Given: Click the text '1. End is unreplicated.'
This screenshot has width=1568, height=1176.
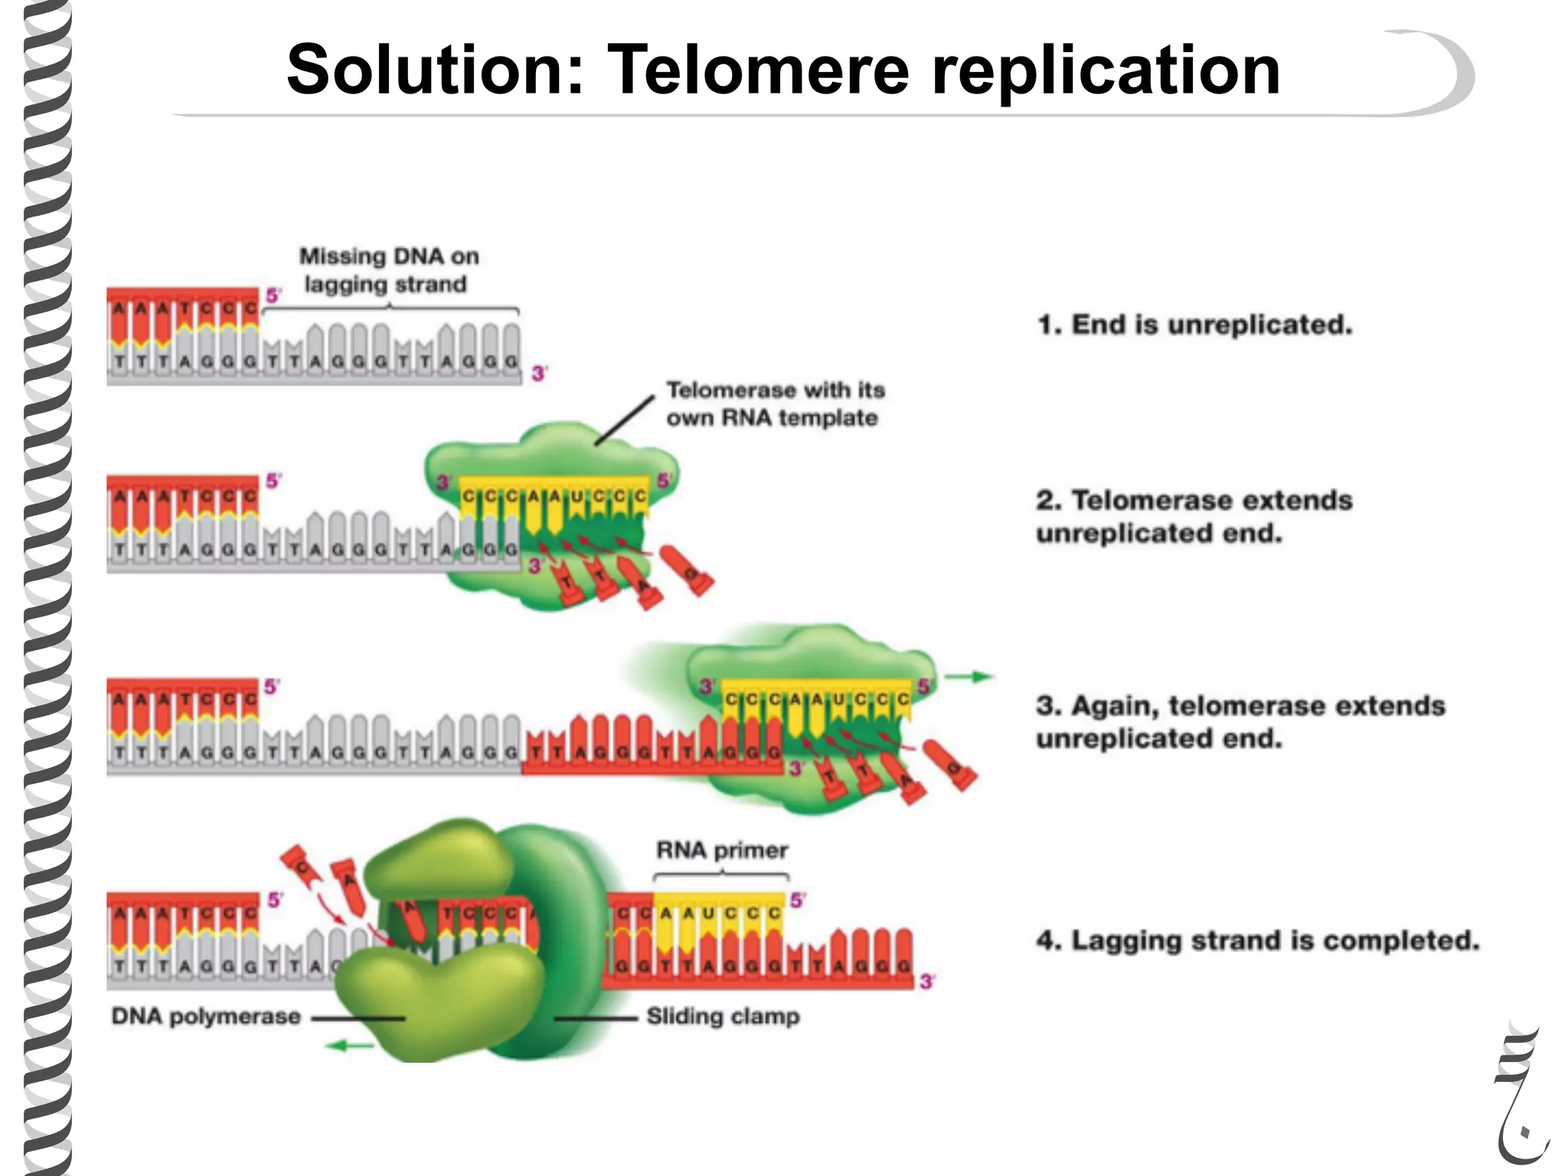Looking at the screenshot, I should (x=1195, y=325).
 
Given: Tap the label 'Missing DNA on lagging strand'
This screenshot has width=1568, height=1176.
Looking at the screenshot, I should (x=388, y=269).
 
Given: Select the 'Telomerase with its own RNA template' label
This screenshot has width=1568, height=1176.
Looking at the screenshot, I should (x=775, y=403).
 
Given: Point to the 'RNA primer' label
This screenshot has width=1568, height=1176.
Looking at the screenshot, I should (x=722, y=851).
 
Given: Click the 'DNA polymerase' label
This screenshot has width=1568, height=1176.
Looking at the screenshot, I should (x=206, y=1017).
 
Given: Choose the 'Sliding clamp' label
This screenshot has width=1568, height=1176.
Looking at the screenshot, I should (x=723, y=1017).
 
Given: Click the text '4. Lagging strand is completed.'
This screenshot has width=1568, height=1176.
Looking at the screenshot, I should (x=1258, y=940).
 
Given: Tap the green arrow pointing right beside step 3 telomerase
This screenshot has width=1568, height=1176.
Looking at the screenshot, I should (x=969, y=677).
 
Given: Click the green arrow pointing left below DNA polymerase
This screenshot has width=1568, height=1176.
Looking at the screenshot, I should (x=349, y=1045).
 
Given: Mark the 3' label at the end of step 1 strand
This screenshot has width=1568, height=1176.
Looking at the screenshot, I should (x=540, y=374).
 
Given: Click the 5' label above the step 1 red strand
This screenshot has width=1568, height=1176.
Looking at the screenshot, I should (x=273, y=296).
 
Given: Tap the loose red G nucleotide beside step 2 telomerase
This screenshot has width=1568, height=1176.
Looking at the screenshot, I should (x=688, y=571).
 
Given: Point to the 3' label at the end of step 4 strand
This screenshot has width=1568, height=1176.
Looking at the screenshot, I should (x=927, y=982).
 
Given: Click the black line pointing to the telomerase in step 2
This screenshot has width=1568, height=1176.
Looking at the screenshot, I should (x=624, y=420).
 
